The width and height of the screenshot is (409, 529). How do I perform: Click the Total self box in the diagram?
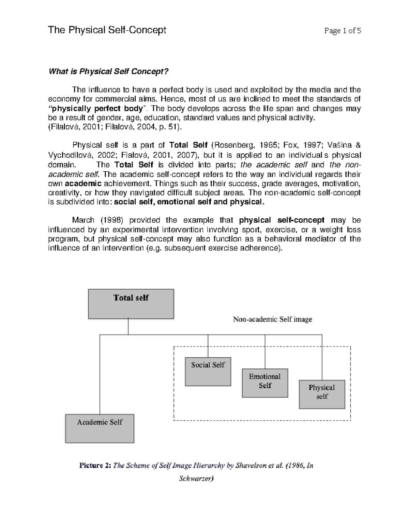131,304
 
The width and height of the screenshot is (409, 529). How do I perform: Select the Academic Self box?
100,428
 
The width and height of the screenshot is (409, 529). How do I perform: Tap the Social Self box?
208,371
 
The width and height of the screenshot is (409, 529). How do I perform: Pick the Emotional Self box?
265,383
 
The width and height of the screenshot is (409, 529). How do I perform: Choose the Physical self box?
322,394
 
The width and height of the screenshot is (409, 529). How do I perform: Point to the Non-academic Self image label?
272,319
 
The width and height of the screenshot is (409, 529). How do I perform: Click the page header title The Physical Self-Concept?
107,30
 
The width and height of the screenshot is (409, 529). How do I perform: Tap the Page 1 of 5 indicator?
343,31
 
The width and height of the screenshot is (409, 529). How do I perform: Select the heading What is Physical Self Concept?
109,72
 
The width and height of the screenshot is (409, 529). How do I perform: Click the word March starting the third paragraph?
83,220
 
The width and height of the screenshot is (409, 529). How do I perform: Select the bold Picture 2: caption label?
95,465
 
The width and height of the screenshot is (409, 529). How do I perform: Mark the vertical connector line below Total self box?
128,326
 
